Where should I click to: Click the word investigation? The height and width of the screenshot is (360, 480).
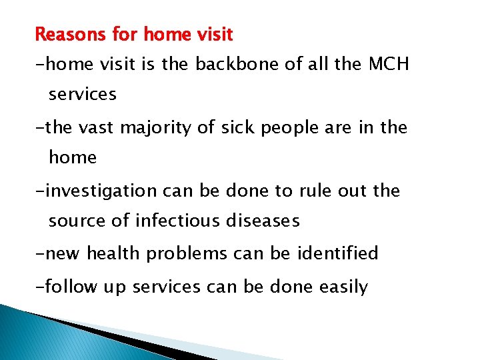[x=93, y=191]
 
